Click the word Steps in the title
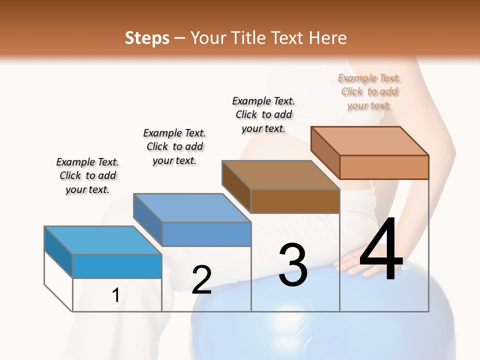[147, 38]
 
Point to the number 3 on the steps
[293, 265]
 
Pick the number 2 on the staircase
[201, 279]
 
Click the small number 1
[116, 295]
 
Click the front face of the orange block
[384, 167]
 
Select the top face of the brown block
[280, 175]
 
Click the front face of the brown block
[295, 201]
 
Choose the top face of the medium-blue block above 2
[192, 208]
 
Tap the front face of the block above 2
[206, 234]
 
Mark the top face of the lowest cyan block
[103, 240]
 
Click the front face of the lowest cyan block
[117, 266]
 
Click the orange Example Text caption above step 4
[369, 91]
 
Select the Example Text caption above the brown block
[263, 114]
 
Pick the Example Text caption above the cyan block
[87, 175]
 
